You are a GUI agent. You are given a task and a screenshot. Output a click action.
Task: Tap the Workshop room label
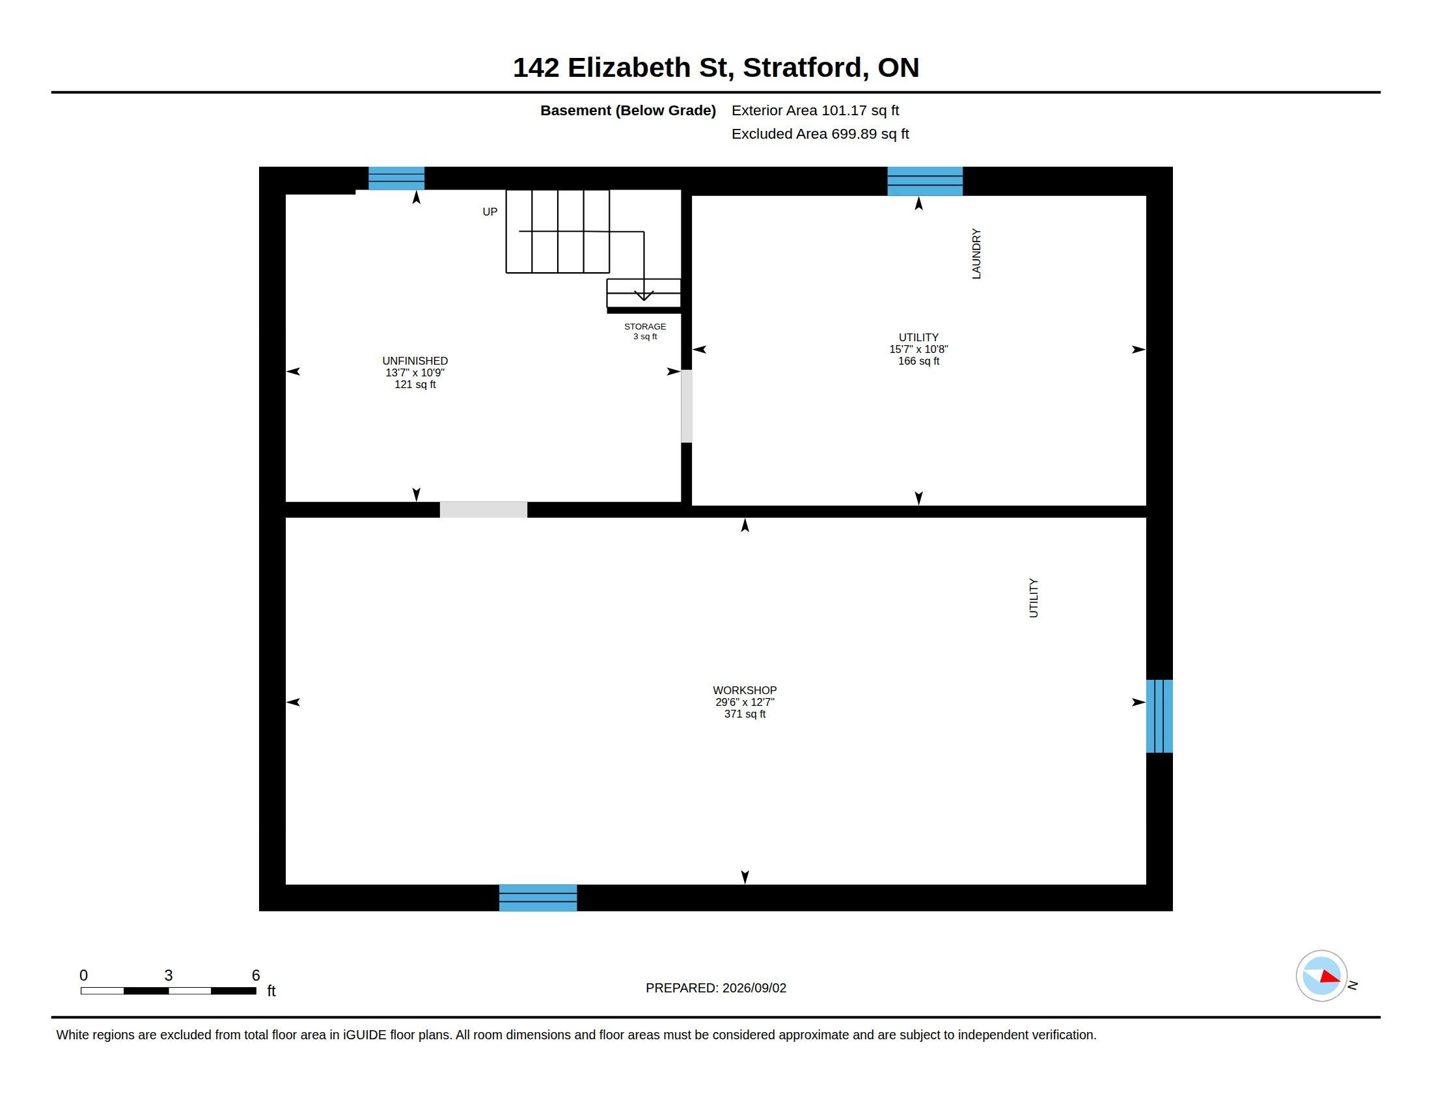745,702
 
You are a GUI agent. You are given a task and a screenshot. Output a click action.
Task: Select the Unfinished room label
415,372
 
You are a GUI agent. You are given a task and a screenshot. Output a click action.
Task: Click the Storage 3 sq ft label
645,331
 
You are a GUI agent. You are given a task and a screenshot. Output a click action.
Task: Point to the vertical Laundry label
976,254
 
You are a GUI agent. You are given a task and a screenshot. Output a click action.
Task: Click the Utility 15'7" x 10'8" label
918,349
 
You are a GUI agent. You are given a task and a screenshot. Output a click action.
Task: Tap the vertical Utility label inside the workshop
1034,597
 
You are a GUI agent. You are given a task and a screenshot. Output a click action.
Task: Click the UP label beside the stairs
489,212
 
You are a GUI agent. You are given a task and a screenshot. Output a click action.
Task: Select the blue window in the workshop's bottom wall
538,898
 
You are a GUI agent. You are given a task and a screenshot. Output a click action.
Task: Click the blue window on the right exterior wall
1159,716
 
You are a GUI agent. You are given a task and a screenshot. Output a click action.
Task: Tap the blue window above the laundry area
925,181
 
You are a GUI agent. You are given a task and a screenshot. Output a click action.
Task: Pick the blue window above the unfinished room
396,178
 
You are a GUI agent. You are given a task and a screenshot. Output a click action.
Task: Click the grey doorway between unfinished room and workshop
483,510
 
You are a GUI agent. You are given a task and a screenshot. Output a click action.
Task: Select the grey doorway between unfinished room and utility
687,406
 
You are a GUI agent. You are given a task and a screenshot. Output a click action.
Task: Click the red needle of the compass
1330,977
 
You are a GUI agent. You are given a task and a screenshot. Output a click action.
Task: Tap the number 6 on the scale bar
256,975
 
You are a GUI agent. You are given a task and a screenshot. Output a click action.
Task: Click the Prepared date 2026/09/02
754,988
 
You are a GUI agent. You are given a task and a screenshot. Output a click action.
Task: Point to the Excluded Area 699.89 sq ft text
820,133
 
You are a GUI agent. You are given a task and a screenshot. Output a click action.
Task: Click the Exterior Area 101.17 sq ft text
815,110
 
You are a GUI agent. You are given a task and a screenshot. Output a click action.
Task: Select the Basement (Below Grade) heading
628,111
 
